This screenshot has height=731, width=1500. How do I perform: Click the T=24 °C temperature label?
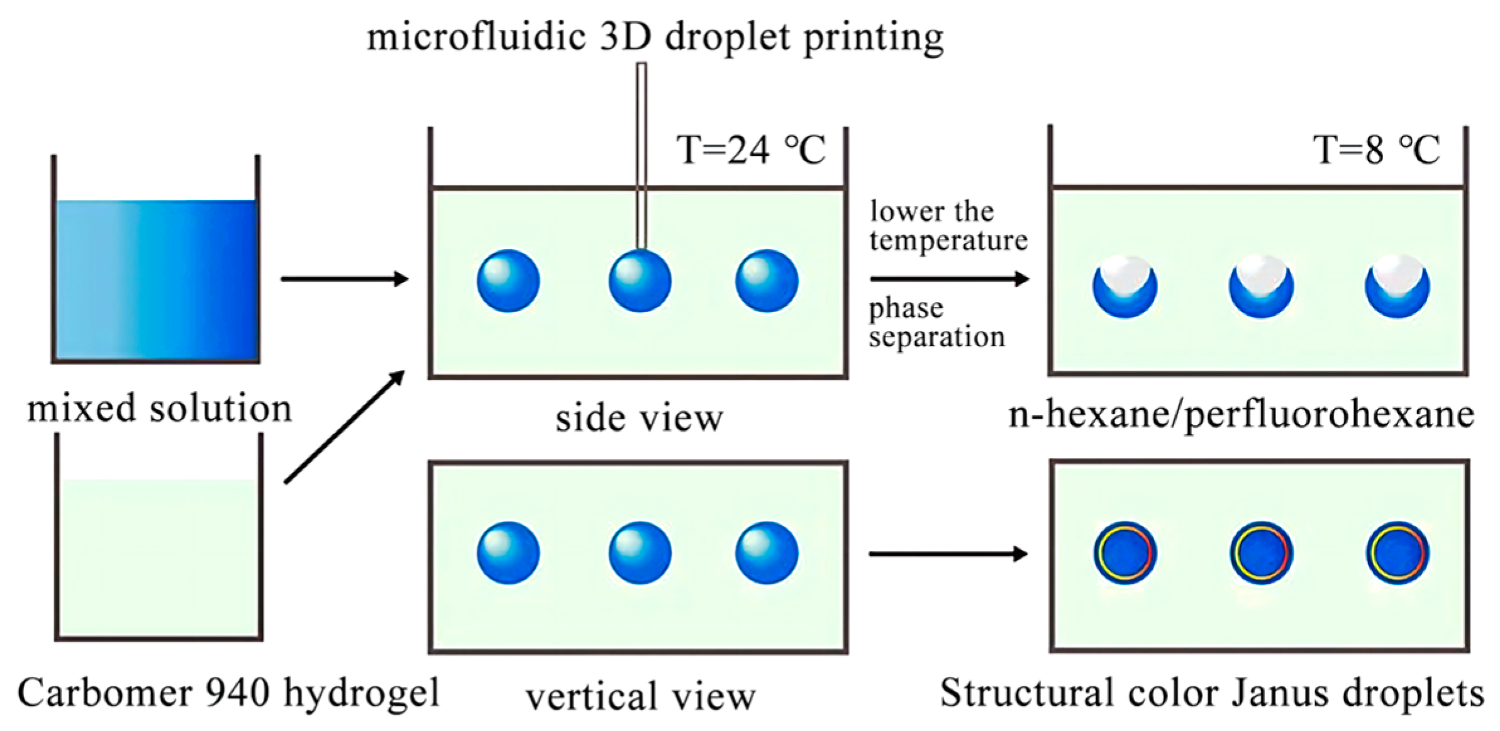pos(751,150)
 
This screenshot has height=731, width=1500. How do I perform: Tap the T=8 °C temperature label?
pos(1376,150)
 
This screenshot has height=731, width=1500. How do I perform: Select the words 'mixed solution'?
pos(160,409)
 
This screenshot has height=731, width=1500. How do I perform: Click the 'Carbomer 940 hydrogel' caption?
pos(228,693)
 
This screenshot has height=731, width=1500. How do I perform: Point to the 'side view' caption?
pos(639,418)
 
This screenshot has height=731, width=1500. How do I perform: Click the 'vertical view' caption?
pos(640,697)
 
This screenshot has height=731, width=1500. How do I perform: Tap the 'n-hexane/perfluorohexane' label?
pos(1241,415)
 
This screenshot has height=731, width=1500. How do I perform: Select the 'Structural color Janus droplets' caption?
pos(1212,693)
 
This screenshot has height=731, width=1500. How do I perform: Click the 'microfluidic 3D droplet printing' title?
pos(655,36)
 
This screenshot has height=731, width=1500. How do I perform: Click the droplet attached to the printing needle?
pos(640,281)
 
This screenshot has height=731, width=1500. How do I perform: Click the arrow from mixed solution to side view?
pos(344,278)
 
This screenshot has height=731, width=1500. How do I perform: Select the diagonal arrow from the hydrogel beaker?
pos(344,427)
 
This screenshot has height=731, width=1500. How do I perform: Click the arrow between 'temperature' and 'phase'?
pos(948,278)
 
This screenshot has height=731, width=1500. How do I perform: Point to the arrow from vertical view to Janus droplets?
pos(947,554)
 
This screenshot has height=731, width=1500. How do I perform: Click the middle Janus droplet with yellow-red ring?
pos(1261,553)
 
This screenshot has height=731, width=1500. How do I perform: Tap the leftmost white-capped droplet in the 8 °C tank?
pos(1125,286)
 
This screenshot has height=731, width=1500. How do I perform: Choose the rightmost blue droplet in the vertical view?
pos(767,553)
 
